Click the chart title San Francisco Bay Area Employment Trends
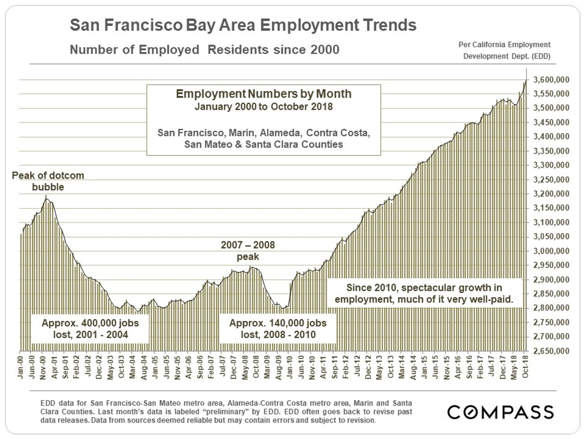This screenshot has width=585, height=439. [x=243, y=25]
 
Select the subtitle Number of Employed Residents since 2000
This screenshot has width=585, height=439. [x=204, y=50]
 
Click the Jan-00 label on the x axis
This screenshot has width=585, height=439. [x=20, y=364]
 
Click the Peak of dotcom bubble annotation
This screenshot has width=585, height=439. [x=48, y=181]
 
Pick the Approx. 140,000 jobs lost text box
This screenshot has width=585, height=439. [x=277, y=329]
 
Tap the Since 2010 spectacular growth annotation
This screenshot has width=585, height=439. [x=424, y=294]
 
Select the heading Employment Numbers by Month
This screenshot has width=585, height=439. [x=263, y=94]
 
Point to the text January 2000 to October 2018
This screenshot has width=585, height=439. [x=263, y=106]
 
